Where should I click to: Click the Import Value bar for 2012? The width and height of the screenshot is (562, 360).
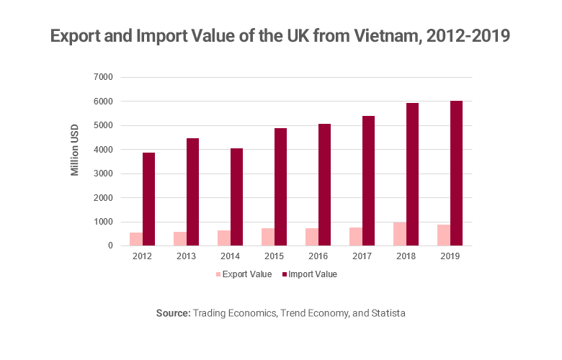148,199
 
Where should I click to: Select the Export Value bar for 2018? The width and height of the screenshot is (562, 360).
399,234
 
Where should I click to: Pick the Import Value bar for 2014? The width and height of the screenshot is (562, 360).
236,197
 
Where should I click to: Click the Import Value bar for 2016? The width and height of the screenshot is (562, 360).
324,184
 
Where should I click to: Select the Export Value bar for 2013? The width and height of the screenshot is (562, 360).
179,238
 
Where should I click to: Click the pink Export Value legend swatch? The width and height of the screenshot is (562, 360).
218,274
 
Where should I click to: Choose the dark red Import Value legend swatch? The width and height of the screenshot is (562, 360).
284,274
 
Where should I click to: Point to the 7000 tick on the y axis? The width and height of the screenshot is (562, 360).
104,77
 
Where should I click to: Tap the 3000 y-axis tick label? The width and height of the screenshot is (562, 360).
104,174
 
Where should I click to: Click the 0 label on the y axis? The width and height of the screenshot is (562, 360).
111,246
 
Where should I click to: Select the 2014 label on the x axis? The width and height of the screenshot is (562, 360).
230,256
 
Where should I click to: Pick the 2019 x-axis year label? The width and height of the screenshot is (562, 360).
450,256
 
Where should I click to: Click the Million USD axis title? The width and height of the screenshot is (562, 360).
75,150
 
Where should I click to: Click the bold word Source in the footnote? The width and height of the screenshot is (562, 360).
174,314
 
